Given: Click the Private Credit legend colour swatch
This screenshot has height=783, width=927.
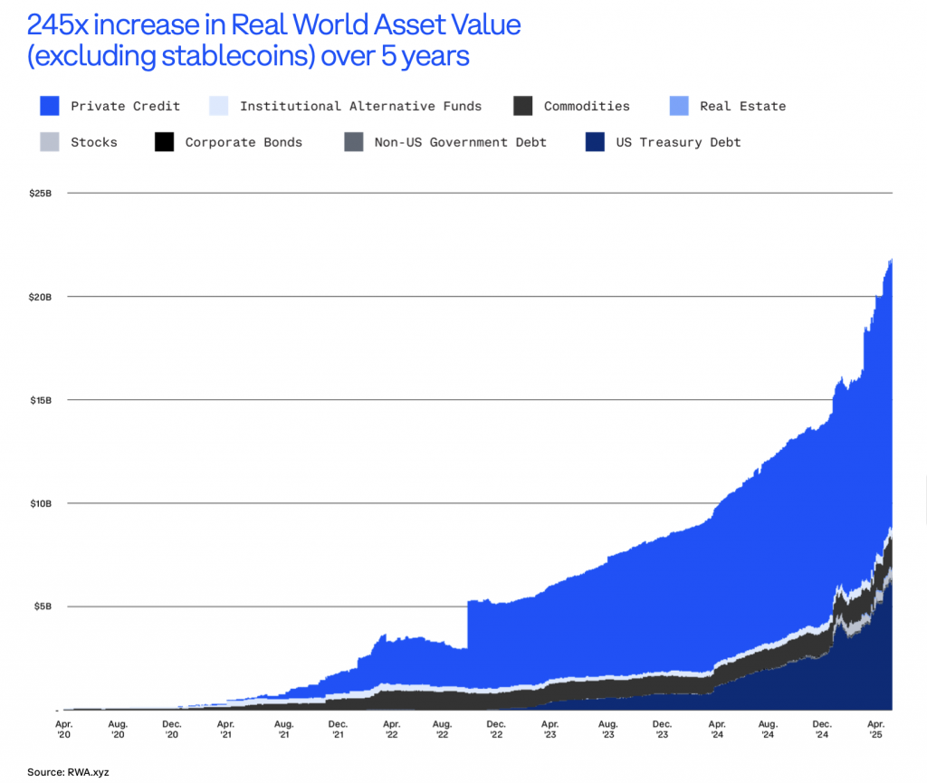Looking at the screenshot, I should [50, 106].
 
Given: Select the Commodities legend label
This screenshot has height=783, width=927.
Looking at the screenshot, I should [587, 106].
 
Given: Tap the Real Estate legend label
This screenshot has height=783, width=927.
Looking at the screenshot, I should [742, 106].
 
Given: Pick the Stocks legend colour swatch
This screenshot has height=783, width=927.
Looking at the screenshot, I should [50, 142].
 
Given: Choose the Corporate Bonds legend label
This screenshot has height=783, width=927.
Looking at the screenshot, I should [244, 142].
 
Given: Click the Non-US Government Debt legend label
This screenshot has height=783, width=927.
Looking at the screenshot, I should [460, 142].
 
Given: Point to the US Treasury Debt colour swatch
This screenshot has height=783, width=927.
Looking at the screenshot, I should [595, 142].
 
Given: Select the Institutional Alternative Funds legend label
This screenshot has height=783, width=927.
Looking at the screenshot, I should [360, 106].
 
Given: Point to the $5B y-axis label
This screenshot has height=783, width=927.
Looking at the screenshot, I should [43, 606].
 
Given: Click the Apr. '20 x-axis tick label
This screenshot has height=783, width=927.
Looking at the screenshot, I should [64, 730].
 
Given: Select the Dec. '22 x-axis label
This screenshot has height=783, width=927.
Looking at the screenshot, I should [495, 730].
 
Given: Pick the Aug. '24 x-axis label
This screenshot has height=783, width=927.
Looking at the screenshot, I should [768, 730].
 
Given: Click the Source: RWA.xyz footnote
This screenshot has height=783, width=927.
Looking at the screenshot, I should [69, 771].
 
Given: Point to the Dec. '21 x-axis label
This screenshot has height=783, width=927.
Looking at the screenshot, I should [338, 730].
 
